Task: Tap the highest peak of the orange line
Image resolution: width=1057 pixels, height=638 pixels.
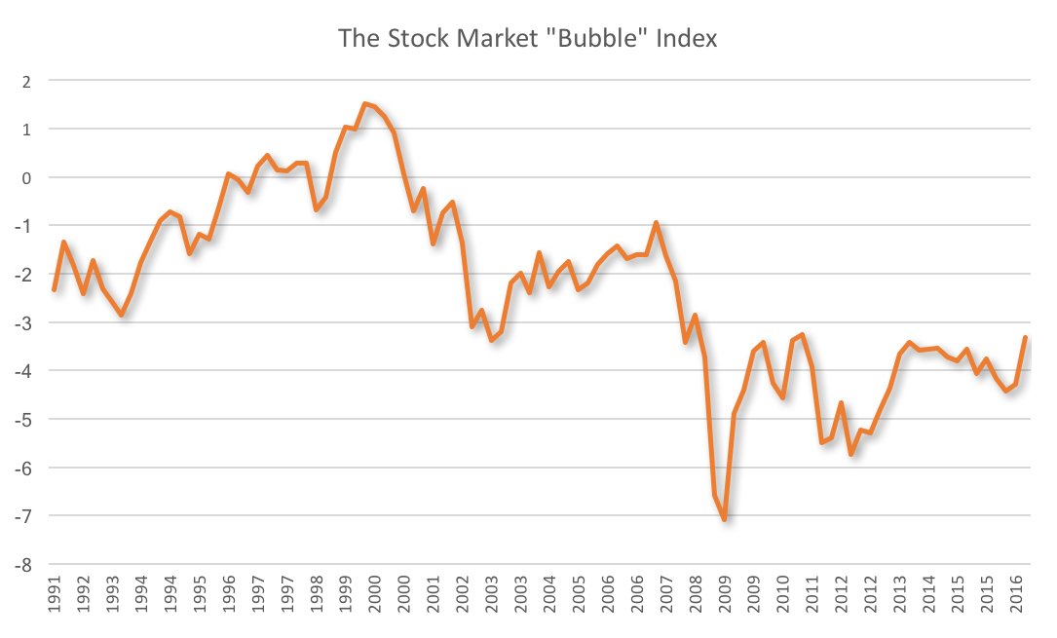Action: point(364,103)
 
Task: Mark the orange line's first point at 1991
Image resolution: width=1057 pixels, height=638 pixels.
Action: point(55,289)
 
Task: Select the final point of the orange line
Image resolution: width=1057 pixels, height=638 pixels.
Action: point(1025,337)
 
